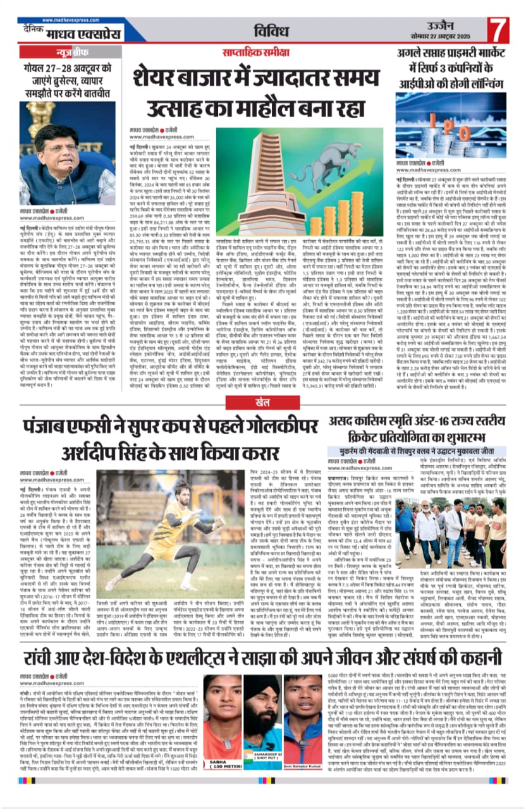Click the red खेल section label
click(262, 401)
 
